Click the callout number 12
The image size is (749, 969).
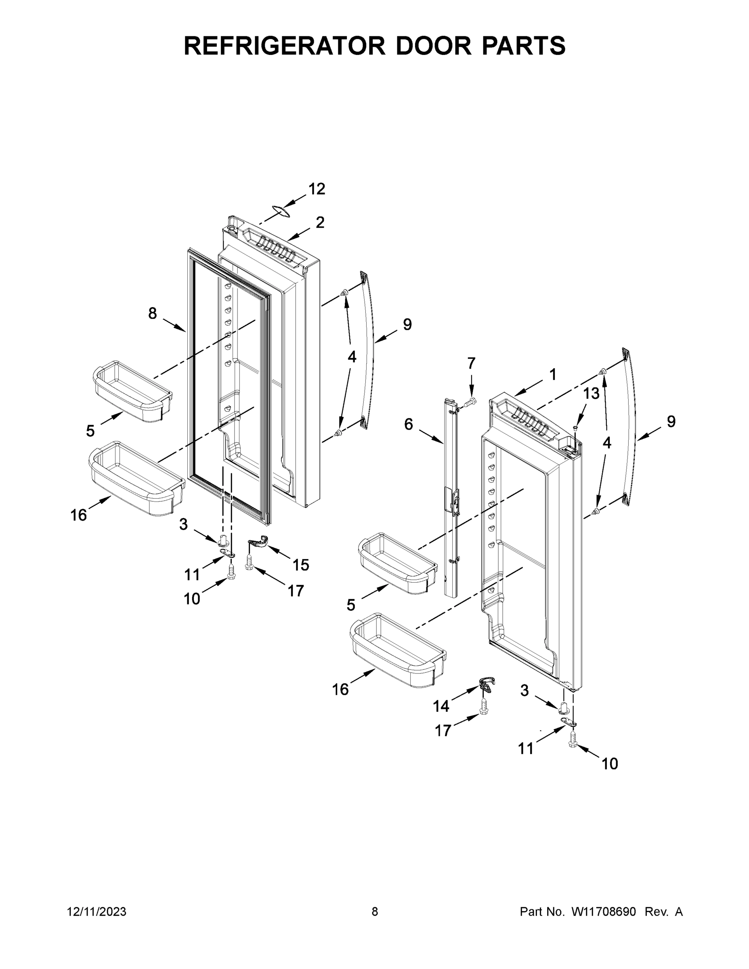(x=317, y=189)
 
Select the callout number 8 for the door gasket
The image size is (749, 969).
(x=152, y=314)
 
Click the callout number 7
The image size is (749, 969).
(x=471, y=363)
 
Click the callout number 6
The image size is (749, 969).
(x=408, y=425)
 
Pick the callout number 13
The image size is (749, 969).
(x=591, y=393)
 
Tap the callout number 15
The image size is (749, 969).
(x=300, y=565)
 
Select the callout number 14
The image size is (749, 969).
(x=441, y=706)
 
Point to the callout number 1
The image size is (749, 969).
(x=553, y=375)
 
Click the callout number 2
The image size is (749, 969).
(x=320, y=222)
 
